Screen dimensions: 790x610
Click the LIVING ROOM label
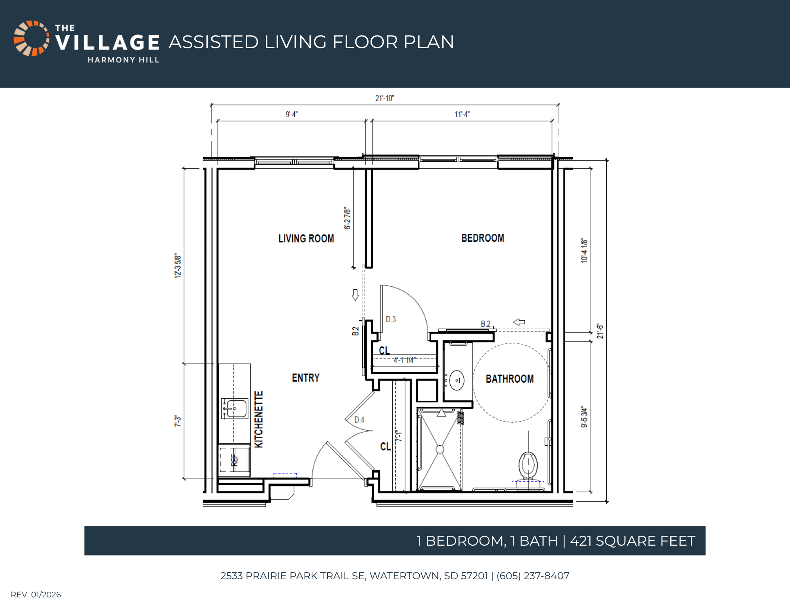click(x=306, y=238)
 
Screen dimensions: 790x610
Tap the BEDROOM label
click(x=483, y=238)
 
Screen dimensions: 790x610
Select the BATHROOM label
click(x=510, y=379)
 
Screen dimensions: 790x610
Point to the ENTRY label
click(x=306, y=378)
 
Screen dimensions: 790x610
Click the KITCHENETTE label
click(x=258, y=419)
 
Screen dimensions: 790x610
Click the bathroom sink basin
click(x=457, y=380)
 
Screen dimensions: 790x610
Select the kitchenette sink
click(x=235, y=409)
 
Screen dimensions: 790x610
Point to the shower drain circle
click(x=440, y=449)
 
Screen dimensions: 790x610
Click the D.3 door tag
click(x=391, y=319)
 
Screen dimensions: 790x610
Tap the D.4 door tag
click(x=359, y=420)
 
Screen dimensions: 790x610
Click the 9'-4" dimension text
click(x=292, y=114)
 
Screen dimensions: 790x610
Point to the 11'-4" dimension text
click(x=462, y=114)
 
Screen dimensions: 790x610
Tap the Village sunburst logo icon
click(x=32, y=38)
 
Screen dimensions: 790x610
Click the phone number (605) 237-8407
click(x=533, y=576)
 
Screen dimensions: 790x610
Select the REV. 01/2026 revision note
click(x=36, y=595)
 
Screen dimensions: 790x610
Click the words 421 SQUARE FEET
click(x=632, y=541)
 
